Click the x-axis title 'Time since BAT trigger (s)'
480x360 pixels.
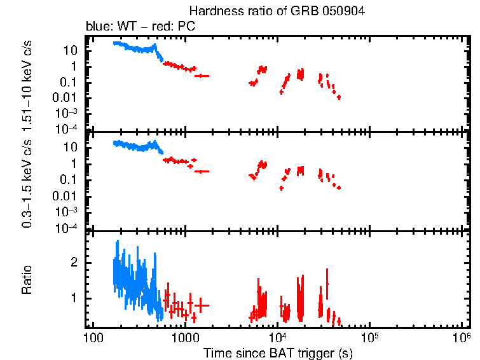coord(278,352)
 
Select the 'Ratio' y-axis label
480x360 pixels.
coord(27,280)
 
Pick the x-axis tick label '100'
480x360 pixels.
coord(93,337)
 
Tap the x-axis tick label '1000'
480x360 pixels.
coord(185,337)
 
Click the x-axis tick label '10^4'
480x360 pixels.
coord(277,337)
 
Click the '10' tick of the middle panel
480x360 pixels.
coord(72,148)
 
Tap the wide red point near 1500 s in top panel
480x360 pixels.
coord(202,76)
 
